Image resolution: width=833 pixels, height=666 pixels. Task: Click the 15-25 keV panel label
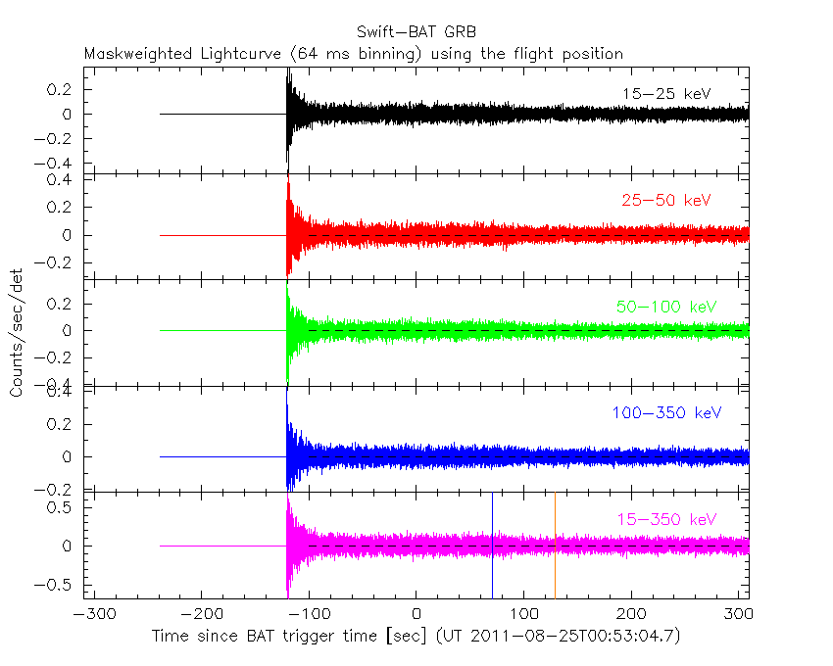[x=666, y=94]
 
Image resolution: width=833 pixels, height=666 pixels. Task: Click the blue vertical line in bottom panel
[x=492, y=545]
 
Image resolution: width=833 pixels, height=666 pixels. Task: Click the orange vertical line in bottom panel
[x=555, y=545]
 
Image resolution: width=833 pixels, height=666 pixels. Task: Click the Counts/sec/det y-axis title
[x=17, y=333]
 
